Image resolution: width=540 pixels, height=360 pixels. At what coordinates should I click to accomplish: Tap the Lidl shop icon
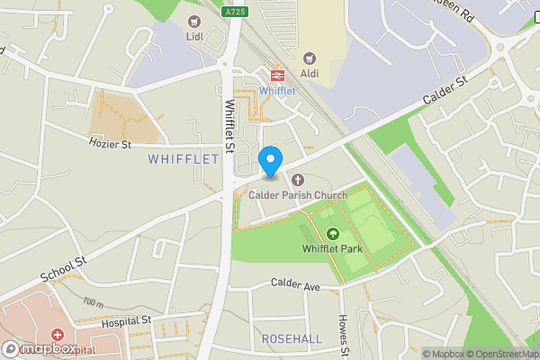[x=192, y=22]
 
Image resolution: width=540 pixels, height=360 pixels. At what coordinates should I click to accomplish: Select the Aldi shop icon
[x=310, y=58]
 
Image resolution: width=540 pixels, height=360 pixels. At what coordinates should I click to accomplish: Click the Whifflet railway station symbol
[x=277, y=76]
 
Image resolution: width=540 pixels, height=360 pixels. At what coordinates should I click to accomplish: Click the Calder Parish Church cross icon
[x=298, y=179]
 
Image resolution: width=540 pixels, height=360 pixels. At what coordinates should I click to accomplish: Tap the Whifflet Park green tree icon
[x=333, y=234]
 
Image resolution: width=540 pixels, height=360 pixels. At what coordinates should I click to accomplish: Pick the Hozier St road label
[x=110, y=143]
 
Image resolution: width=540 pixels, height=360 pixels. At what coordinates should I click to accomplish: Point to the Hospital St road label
[x=125, y=320]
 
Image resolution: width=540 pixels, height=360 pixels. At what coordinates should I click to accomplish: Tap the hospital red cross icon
[x=58, y=335]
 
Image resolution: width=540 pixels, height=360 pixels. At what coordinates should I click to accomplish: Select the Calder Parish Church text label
[x=298, y=194]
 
